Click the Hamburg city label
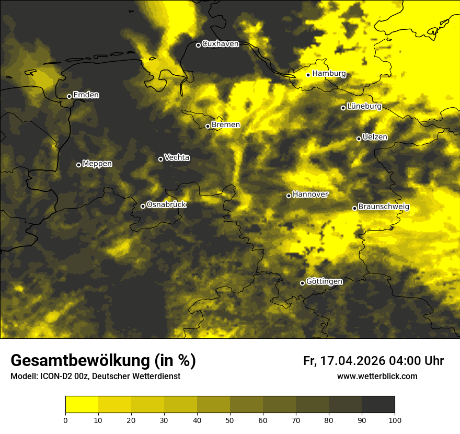pyautogui.click(x=329, y=74)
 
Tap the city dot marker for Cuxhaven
pyautogui.click(x=198, y=45)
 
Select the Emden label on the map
pyautogui.click(x=86, y=95)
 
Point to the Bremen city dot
pyautogui.click(x=208, y=126)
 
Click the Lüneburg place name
pyautogui.click(x=364, y=106)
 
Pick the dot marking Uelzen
pyautogui.click(x=359, y=139)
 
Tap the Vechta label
pyautogui.click(x=177, y=157)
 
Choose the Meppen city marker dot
pyautogui.click(x=78, y=165)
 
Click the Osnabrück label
pyautogui.click(x=166, y=204)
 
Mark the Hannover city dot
pyautogui.click(x=289, y=196)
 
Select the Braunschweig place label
pyautogui.click(x=384, y=207)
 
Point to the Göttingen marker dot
pyautogui.click(x=302, y=283)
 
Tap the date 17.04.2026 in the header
pyautogui.click(x=352, y=361)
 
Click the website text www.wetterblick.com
pyautogui.click(x=377, y=376)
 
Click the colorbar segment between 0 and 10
pyautogui.click(x=82, y=405)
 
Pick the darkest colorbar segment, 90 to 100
pyautogui.click(x=378, y=405)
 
